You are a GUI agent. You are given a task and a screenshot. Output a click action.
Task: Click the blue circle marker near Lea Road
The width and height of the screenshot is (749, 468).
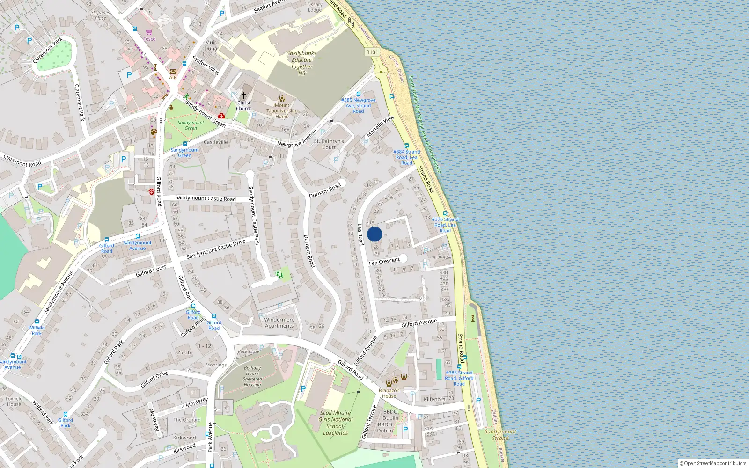click(374, 234)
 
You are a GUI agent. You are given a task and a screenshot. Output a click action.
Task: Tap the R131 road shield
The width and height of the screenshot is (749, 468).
click(372, 52)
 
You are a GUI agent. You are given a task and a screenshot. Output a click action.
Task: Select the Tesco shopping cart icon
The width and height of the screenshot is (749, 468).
click(149, 32)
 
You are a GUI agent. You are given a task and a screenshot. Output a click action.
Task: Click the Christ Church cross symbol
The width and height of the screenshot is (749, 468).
click(243, 95)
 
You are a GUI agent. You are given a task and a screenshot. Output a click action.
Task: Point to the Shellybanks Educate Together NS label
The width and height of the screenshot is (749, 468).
click(301, 63)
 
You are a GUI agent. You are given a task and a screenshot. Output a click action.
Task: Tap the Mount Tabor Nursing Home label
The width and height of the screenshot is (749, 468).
click(282, 111)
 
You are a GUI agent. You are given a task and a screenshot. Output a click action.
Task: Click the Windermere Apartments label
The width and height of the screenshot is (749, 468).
click(279, 322)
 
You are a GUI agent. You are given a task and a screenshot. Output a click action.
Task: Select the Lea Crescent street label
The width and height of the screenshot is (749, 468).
click(384, 261)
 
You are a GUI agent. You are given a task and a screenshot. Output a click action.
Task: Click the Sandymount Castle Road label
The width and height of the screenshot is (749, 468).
click(205, 198)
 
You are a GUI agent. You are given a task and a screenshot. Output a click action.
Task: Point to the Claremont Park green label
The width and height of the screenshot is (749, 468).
click(48, 51)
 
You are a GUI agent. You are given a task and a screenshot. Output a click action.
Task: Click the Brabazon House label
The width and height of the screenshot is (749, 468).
click(389, 393)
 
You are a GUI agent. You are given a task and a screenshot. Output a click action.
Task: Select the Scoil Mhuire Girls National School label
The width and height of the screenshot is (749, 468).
click(335, 423)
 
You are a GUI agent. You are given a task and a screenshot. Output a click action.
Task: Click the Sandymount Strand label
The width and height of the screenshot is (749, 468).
click(500, 435)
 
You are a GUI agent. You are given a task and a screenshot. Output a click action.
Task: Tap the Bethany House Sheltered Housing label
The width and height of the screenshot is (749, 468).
click(252, 376)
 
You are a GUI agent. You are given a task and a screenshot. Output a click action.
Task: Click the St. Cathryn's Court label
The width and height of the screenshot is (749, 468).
click(329, 144)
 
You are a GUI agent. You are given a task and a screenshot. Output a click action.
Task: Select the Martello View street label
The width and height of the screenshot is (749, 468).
click(380, 126)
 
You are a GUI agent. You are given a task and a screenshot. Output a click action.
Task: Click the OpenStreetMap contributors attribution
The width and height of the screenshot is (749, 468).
click(713, 463)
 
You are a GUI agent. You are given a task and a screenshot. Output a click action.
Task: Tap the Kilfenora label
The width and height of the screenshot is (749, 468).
click(434, 399)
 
